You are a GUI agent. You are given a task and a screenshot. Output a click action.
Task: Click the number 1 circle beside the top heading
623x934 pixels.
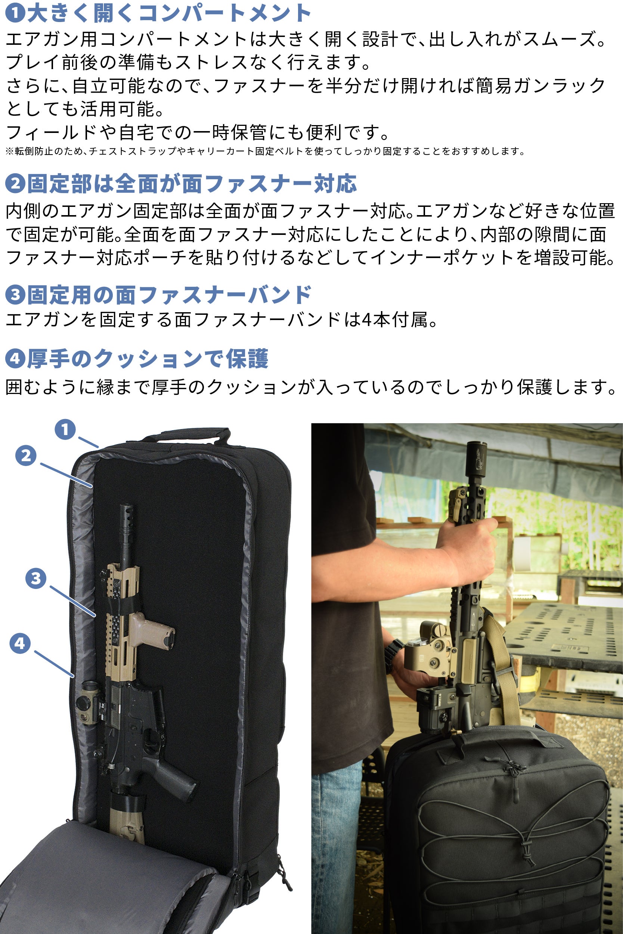click(x=15, y=13)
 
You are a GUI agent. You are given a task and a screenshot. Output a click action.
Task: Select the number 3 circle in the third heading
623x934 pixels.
click(x=15, y=294)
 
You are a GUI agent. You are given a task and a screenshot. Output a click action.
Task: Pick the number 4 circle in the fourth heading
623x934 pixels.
click(x=15, y=359)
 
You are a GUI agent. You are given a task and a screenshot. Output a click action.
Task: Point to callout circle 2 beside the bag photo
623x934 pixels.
click(x=26, y=456)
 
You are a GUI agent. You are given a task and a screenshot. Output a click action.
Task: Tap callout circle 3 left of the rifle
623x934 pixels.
click(x=36, y=578)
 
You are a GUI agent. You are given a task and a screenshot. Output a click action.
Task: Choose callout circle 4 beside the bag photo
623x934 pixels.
click(x=20, y=643)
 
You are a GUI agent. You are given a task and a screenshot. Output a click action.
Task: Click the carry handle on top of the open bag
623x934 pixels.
click(x=187, y=435)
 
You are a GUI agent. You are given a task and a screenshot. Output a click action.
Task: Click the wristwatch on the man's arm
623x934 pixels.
click(x=393, y=655)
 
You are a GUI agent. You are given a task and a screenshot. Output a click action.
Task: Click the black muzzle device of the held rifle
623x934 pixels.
click(x=476, y=461)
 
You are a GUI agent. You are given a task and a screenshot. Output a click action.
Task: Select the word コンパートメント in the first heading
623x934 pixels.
click(x=225, y=13)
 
